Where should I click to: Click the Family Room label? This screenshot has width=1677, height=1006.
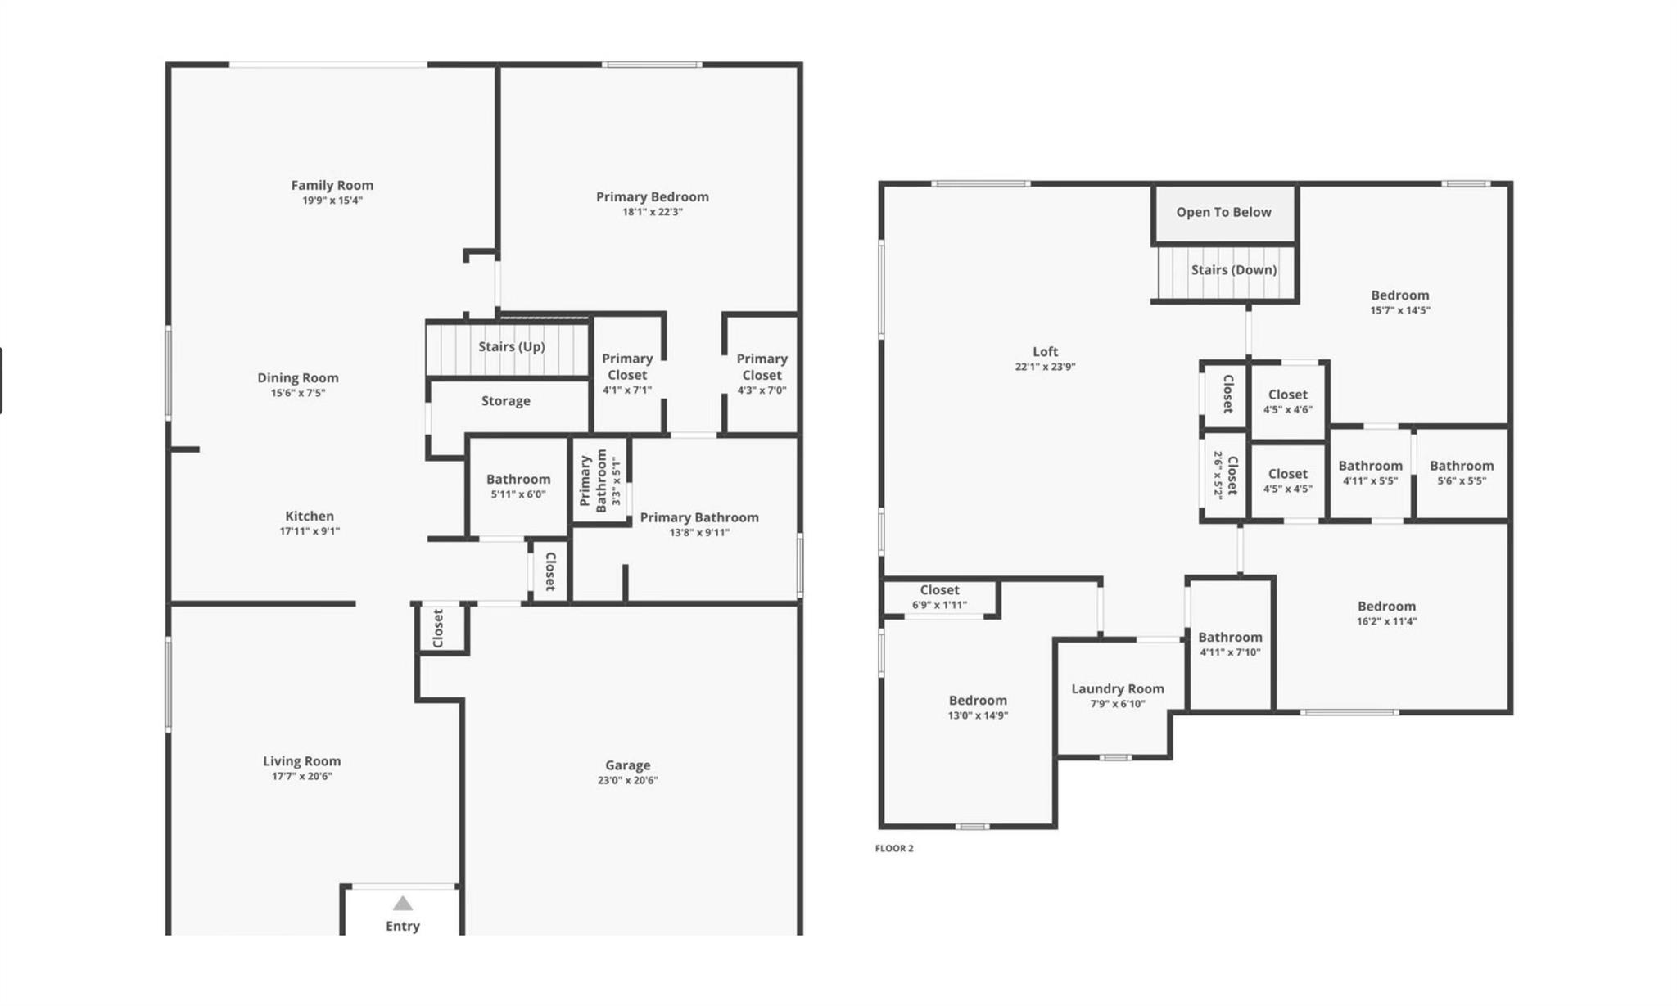click(x=332, y=186)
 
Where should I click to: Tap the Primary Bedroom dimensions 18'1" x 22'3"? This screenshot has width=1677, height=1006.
click(x=652, y=212)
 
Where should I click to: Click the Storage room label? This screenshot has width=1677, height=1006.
click(x=505, y=401)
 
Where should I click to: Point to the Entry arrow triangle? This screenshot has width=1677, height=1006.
click(x=402, y=904)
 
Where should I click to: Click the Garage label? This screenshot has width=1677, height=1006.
click(x=628, y=765)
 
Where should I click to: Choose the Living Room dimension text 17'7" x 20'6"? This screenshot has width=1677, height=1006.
click(x=302, y=777)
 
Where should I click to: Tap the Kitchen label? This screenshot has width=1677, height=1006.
click(x=310, y=517)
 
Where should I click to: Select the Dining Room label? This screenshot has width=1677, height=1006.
click(x=298, y=378)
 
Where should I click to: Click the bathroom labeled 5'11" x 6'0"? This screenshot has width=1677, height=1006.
click(x=518, y=486)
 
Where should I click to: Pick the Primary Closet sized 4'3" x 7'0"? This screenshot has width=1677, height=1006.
click(x=762, y=374)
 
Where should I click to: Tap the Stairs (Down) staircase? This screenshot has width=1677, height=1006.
click(x=1226, y=273)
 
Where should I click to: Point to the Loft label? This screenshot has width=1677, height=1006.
click(x=1046, y=352)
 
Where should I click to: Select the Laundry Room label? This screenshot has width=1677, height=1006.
click(x=1118, y=689)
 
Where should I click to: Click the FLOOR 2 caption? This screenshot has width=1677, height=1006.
click(x=894, y=849)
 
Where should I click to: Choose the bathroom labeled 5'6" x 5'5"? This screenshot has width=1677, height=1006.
click(x=1462, y=473)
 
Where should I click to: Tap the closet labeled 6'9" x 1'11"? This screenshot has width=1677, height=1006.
click(x=939, y=598)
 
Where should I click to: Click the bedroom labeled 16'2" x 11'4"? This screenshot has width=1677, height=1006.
click(x=1386, y=614)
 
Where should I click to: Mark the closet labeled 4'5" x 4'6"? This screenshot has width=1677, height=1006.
click(x=1287, y=401)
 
